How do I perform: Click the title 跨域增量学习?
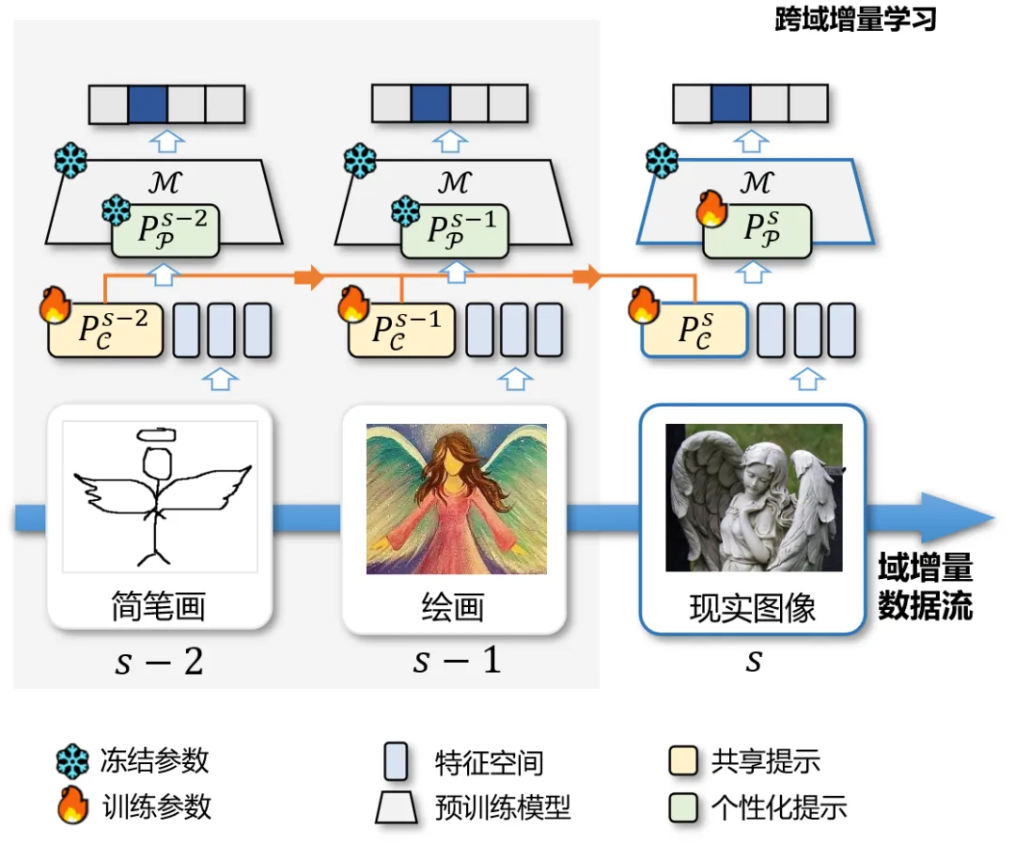[855, 20]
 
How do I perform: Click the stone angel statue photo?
[753, 497]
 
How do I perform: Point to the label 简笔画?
[159, 606]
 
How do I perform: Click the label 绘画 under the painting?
[453, 607]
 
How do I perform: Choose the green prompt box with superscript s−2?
[165, 231]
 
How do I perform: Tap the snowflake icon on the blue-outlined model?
[663, 161]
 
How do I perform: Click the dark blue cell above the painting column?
[430, 103]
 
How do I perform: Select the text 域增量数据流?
[925, 587]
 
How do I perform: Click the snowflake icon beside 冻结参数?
[72, 761]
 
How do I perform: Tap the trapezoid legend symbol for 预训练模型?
[396, 807]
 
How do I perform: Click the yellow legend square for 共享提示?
[683, 761]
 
